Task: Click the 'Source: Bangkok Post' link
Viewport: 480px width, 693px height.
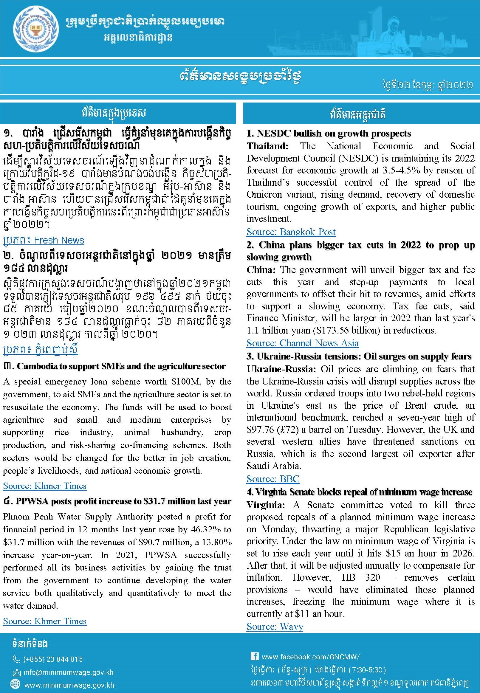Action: pyautogui.click(x=291, y=232)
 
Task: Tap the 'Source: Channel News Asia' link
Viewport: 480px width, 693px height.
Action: pyautogui.click(x=302, y=343)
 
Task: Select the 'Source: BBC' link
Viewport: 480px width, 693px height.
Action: pyautogui.click(x=273, y=479)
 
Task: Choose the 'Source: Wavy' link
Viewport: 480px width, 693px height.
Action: pyautogui.click(x=275, y=627)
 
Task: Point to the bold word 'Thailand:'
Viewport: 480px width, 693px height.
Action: pyautogui.click(x=267, y=146)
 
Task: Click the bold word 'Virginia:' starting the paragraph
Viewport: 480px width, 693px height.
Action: pyautogui.click(x=266, y=505)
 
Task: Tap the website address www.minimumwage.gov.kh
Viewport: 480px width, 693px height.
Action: pyautogui.click(x=69, y=685)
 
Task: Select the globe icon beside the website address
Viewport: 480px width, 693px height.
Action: pyautogui.click(x=15, y=685)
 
